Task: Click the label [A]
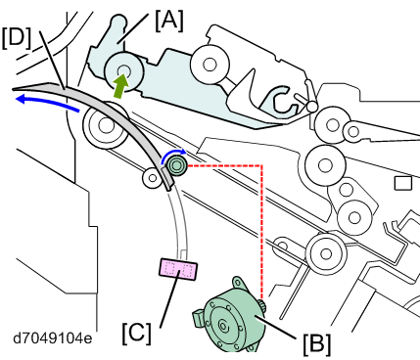tap(169, 21)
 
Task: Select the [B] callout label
tap(316, 344)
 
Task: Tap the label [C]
tap(137, 334)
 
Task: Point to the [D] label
tap(17, 38)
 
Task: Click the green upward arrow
tap(120, 85)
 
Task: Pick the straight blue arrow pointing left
tap(48, 102)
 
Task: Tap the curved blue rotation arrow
tap(173, 156)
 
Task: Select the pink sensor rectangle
tap(178, 269)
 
